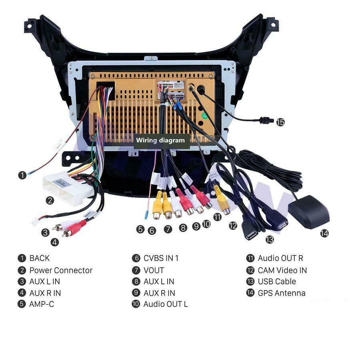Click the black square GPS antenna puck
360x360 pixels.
(x=308, y=212)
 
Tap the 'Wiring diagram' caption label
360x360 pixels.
(x=160, y=140)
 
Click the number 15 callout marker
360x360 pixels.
(x=280, y=122)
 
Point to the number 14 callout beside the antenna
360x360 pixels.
(x=324, y=233)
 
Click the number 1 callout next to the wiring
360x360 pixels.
(x=22, y=175)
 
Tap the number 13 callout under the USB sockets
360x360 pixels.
(x=270, y=239)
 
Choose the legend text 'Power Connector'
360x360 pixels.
(x=61, y=270)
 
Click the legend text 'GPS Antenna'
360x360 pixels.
(x=281, y=293)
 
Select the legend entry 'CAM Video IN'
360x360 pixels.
(x=282, y=270)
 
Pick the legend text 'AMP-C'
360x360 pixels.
(x=42, y=304)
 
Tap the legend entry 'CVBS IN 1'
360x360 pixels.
(x=161, y=258)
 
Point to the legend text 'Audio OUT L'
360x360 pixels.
(x=165, y=304)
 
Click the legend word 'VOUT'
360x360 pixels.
(x=154, y=270)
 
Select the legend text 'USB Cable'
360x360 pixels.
(x=277, y=282)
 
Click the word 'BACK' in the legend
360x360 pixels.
(x=40, y=258)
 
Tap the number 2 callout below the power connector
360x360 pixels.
(x=50, y=201)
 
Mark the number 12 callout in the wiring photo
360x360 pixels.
(x=233, y=226)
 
